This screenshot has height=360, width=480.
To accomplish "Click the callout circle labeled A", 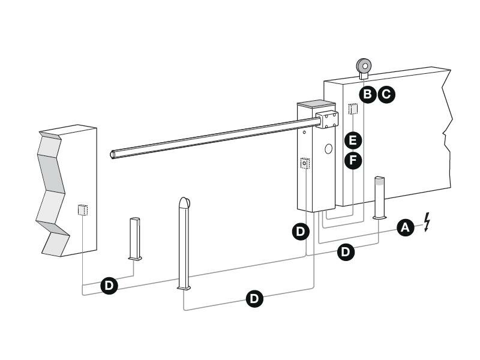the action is pos(406,227).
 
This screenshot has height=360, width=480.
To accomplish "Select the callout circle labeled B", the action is pos(367,94).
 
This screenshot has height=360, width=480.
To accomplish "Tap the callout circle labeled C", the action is pos(386,94).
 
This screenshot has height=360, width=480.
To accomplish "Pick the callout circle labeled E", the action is pos(353,140).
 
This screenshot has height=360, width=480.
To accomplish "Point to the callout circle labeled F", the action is pos(353,160).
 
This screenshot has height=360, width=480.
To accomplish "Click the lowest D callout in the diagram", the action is pos(254,298).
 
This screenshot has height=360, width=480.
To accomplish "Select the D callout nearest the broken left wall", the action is pos(109,286).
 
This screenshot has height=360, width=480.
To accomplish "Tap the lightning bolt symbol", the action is pos(427,221).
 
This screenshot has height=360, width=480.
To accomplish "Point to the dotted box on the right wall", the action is pos(353,109).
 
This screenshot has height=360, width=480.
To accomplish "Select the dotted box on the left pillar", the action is pos(83,209).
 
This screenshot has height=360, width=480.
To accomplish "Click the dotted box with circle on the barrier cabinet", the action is pos(305,164).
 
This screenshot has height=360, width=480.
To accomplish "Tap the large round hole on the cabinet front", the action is pos(328,149).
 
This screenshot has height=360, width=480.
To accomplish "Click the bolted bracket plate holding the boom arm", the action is pos(328,119).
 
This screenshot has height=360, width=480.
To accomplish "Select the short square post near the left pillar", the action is pos(135,239).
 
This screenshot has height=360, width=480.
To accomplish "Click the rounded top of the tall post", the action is pos(185,203).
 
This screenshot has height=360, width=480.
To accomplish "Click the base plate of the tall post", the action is pos(184,287).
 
